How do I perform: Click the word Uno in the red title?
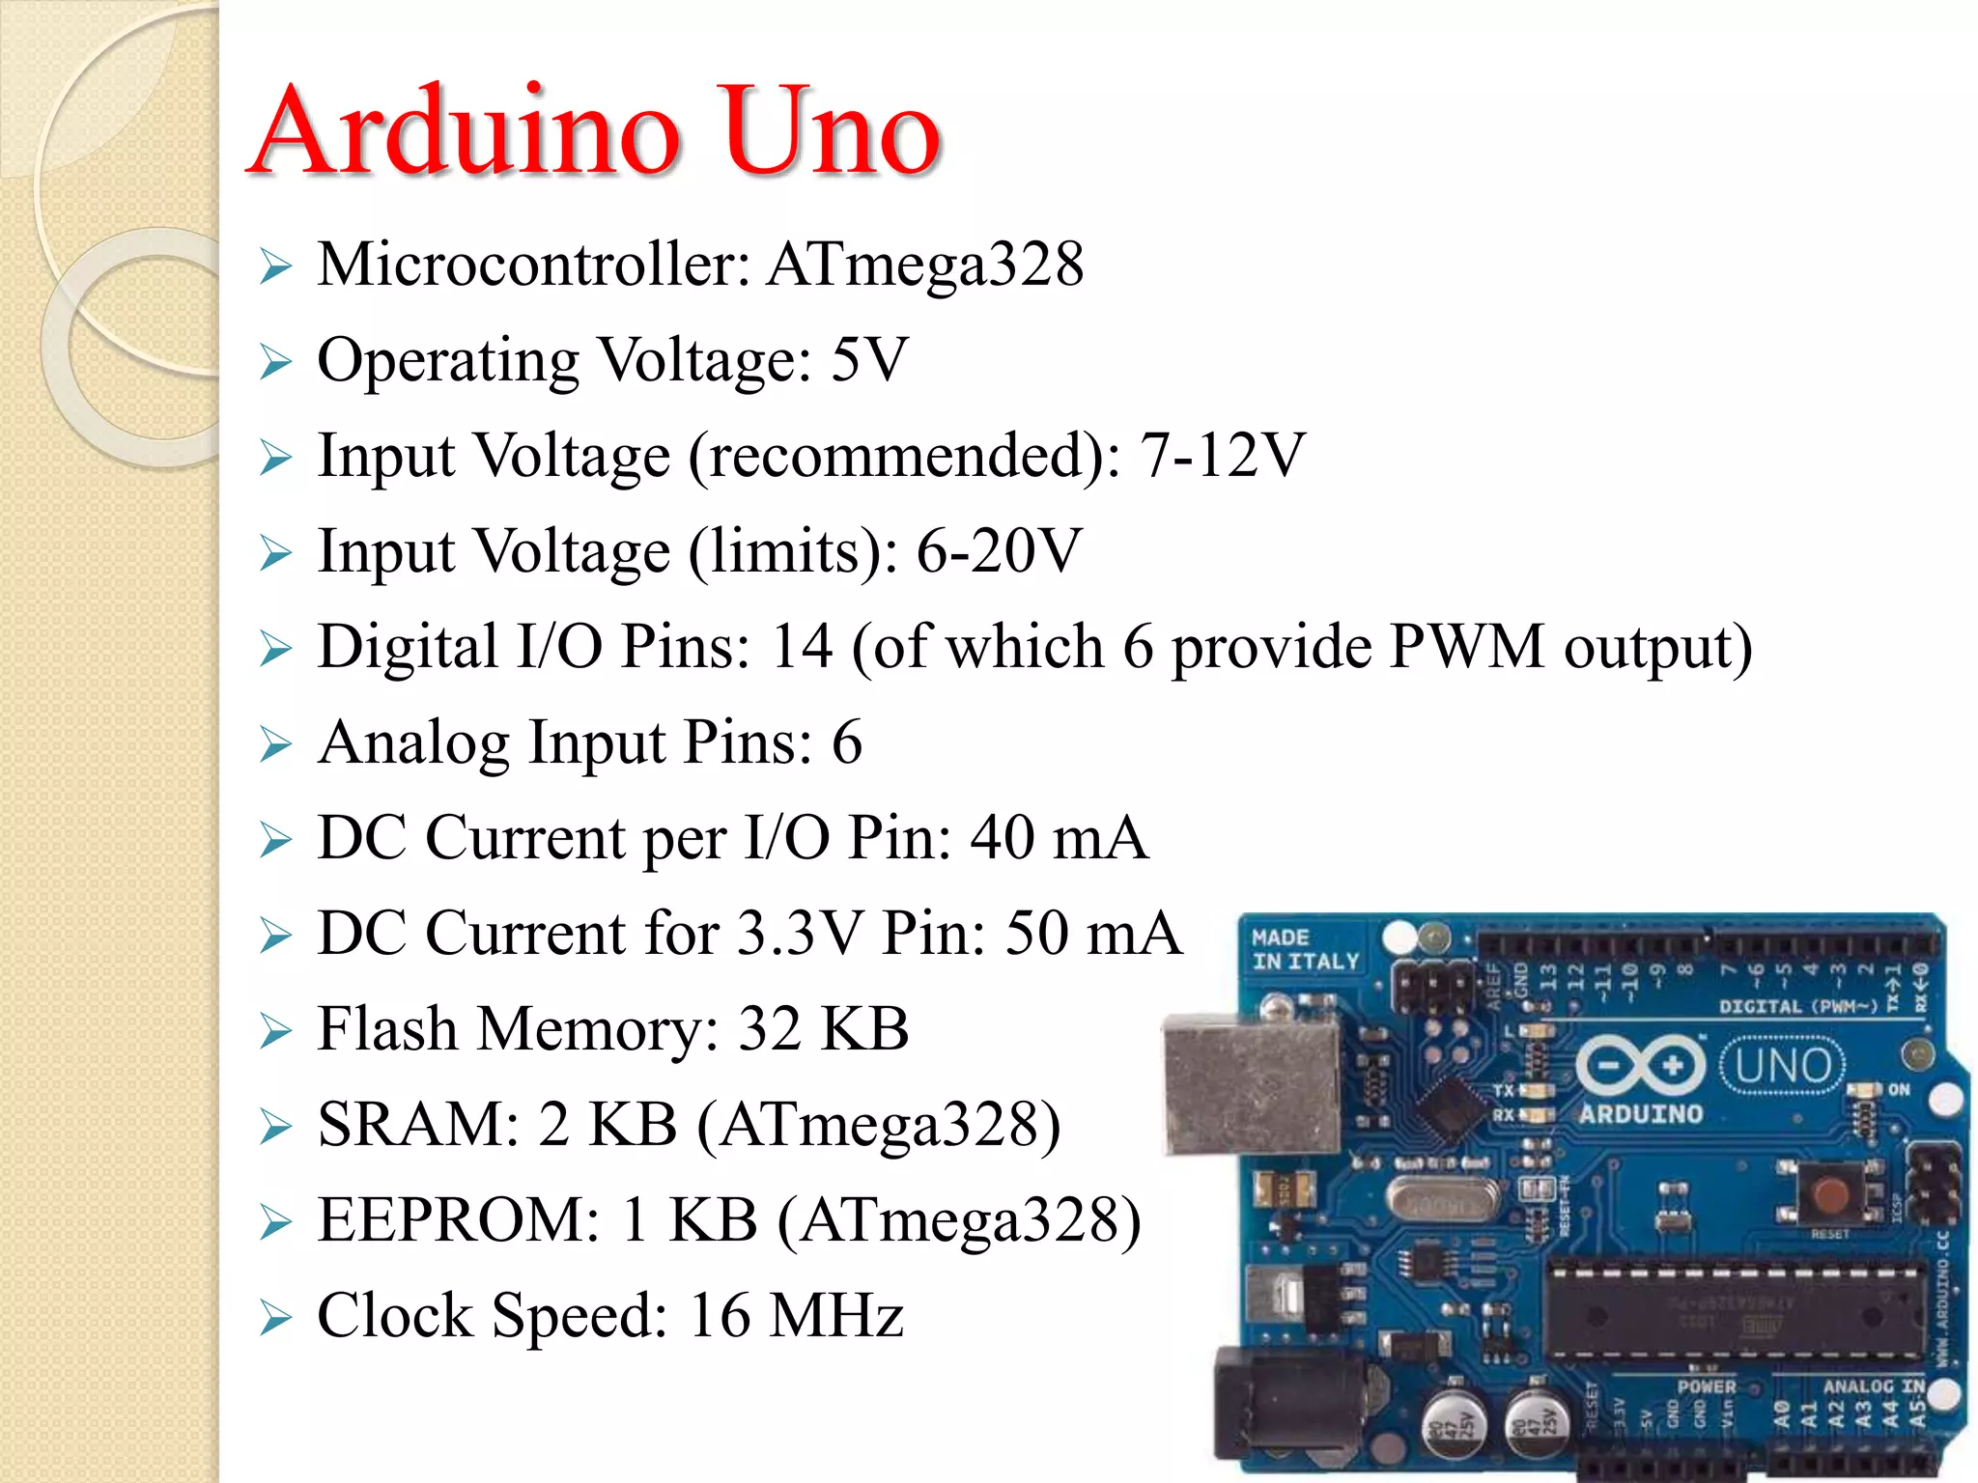pos(831,131)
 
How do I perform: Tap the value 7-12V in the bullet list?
pos(1223,455)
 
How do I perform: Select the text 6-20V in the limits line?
pos(999,551)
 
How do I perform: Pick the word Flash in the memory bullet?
pos(386,1028)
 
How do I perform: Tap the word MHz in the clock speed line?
pos(836,1315)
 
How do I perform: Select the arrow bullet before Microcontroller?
pos(275,266)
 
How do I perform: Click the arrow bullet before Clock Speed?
pos(275,1318)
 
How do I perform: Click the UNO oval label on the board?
pos(1783,1066)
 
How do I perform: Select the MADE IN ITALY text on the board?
pos(1304,950)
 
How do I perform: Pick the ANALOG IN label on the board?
pos(1873,1386)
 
